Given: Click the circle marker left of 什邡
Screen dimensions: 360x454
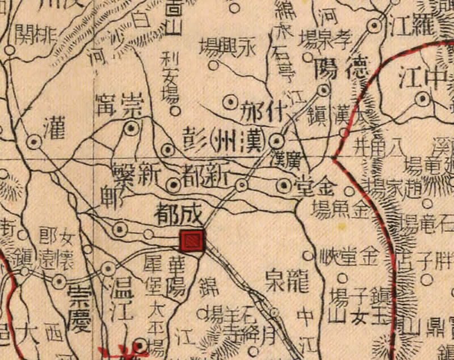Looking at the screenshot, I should pos(230,103).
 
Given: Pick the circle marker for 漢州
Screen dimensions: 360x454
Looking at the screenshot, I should pos(276,141).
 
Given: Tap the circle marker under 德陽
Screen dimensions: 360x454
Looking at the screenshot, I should pos(323,89).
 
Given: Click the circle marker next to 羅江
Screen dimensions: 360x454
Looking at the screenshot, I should pos(374,26).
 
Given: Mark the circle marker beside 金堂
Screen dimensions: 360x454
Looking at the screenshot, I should pos(284,185).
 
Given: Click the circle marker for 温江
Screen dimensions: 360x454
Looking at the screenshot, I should pos(108,269).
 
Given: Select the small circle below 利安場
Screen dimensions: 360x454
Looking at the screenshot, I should pos(175,111).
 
